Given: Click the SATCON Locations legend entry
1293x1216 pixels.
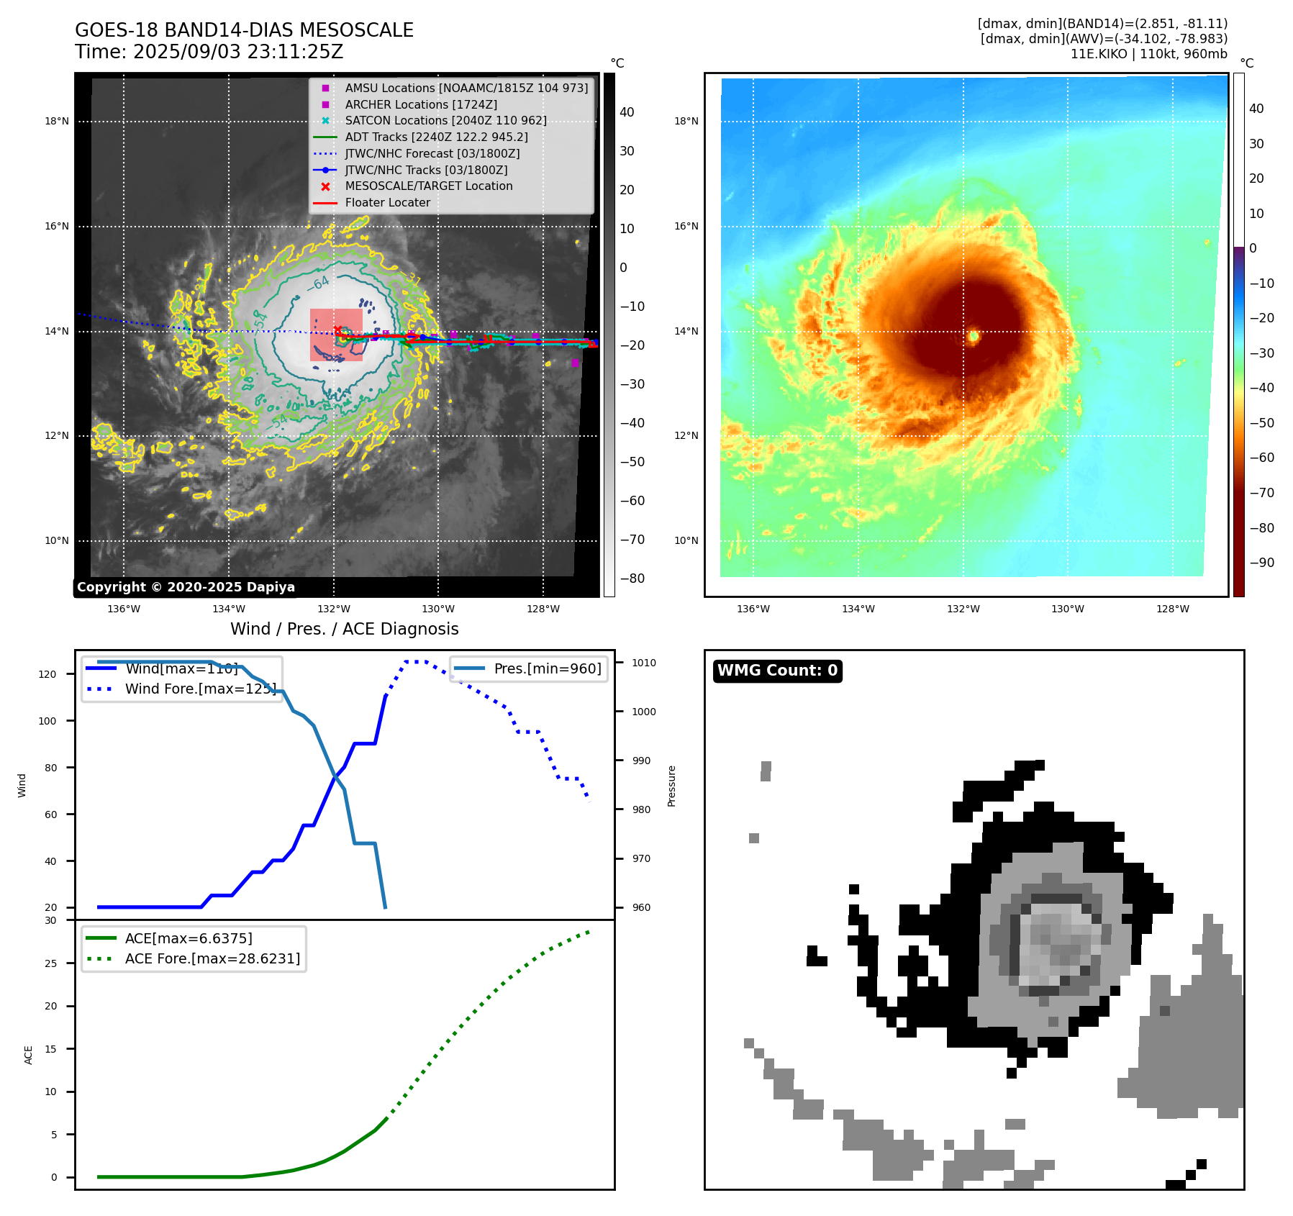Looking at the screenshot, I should click(445, 121).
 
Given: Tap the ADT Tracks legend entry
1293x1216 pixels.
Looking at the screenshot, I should click(436, 137).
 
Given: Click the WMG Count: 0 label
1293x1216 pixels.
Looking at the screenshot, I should click(777, 671).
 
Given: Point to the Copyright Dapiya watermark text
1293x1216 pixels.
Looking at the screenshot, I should click(186, 587).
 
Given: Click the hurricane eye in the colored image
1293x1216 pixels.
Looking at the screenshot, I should click(973, 335).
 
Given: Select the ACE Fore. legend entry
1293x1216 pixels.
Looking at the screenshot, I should click(212, 958).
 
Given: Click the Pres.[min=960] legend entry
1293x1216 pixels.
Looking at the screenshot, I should click(547, 668).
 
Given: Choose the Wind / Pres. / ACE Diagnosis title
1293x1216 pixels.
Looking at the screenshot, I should click(344, 629).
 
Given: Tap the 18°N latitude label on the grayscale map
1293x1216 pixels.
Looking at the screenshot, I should click(57, 122).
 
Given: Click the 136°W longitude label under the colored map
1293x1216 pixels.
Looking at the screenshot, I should click(753, 609).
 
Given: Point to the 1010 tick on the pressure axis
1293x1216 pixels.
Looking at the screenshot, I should click(644, 663).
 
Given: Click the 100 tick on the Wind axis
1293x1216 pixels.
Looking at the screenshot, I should click(47, 721).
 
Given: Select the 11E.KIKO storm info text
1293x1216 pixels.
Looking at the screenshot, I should click(1148, 54).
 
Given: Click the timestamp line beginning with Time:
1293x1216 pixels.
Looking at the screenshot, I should click(209, 53).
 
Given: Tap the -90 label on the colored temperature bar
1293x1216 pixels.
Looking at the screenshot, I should click(1261, 563).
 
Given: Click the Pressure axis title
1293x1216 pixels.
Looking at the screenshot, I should click(671, 786).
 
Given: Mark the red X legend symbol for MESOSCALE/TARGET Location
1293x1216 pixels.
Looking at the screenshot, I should click(325, 186).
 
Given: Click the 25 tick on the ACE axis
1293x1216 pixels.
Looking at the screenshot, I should click(50, 963).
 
